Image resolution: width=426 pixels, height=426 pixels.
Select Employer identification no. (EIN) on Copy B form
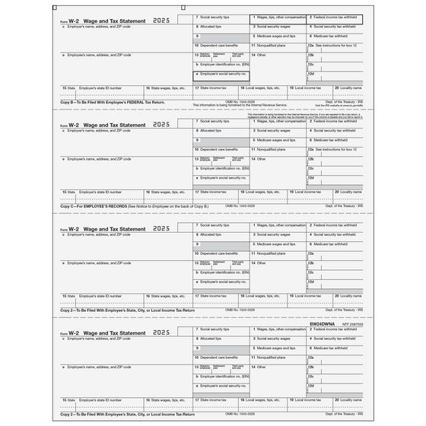tap(222, 63)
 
